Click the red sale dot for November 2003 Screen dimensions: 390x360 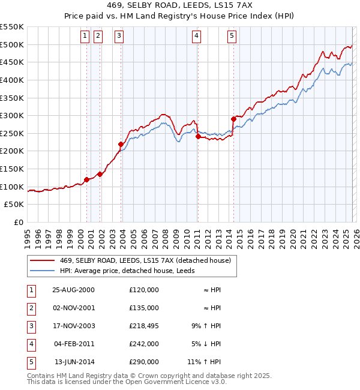point(121,144)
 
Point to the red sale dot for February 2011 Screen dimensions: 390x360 point(197,136)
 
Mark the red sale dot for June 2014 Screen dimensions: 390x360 point(233,119)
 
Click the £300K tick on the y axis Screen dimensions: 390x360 point(12,115)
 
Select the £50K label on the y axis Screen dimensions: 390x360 point(14,204)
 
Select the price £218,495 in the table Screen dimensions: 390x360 point(144,326)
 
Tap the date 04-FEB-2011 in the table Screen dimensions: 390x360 point(73,344)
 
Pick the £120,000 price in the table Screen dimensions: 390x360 point(144,290)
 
